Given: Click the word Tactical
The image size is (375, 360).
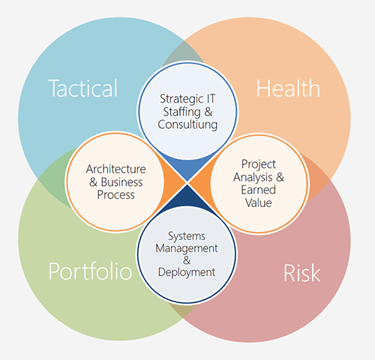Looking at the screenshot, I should pyautogui.click(x=83, y=88).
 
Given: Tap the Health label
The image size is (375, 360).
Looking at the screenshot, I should pyautogui.click(x=288, y=88).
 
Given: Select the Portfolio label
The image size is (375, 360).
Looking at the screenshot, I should pyautogui.click(x=90, y=271).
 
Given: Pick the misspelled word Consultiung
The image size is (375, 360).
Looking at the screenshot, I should pyautogui.click(x=187, y=125).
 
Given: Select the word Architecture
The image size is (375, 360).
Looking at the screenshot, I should pyautogui.click(x=115, y=169).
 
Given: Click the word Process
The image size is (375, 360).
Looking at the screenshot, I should pyautogui.click(x=115, y=195).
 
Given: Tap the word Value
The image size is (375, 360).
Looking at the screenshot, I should pyautogui.click(x=258, y=202).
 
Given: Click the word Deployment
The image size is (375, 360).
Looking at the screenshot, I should pyautogui.click(x=187, y=272).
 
